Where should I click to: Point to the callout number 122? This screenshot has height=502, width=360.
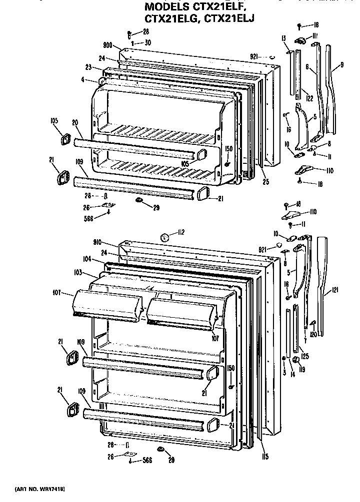309,99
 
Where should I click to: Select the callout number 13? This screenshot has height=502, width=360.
283,38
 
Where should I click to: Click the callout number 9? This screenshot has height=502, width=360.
341,64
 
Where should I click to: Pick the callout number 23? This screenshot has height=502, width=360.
88,67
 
